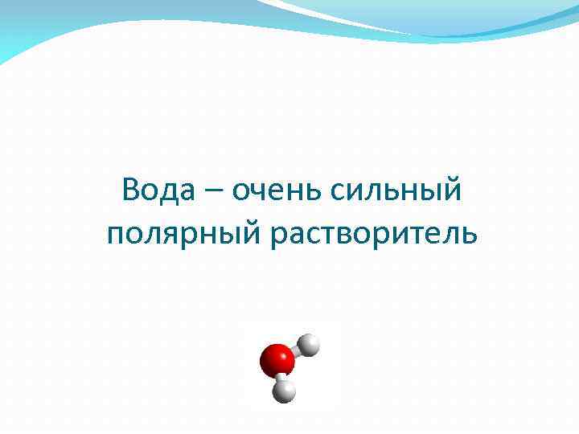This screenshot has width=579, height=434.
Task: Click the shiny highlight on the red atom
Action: point(269,354)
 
